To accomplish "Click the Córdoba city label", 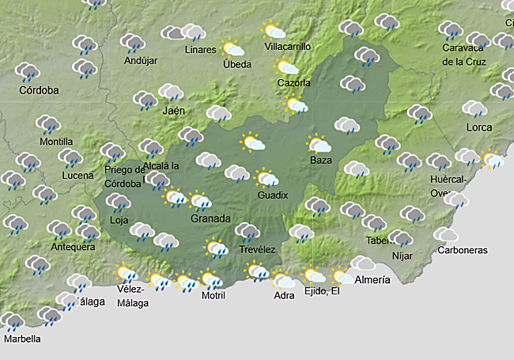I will [39, 90].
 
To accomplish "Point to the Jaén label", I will [173, 111].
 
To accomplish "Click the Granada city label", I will [210, 218].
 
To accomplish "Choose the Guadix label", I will [273, 195].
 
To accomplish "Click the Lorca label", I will [478, 127].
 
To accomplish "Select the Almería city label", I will [372, 280].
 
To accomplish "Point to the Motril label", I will [214, 296].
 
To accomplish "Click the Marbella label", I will [22, 339].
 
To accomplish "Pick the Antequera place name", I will [73, 247].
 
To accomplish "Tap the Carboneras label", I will [462, 251].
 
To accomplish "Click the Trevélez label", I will [257, 250].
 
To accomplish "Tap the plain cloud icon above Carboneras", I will [446, 234].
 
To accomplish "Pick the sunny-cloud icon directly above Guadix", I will [266, 177].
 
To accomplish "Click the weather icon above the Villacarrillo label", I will [274, 31].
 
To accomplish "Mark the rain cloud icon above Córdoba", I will [28, 72].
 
